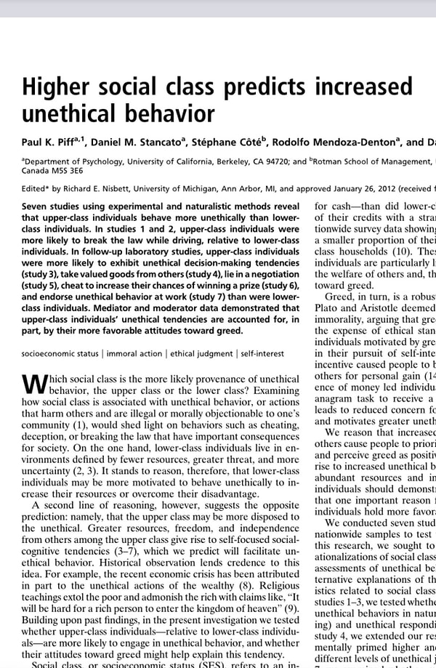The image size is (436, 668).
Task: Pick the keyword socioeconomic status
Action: (59, 353)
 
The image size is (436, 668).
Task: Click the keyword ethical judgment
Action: (201, 353)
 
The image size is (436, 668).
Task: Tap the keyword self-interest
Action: (264, 353)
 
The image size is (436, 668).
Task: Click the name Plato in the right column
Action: (327, 308)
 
